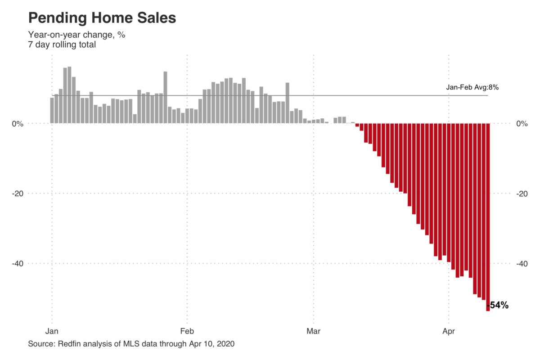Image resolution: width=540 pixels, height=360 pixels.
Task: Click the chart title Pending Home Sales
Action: (x=102, y=18)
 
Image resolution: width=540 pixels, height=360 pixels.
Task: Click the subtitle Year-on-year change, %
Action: (x=76, y=35)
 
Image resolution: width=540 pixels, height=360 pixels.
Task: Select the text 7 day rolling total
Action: (x=62, y=45)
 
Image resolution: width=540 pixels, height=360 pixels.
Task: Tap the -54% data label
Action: (x=499, y=306)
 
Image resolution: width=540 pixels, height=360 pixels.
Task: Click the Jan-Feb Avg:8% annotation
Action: (x=472, y=88)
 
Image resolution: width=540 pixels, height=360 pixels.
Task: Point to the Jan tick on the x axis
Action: (x=52, y=332)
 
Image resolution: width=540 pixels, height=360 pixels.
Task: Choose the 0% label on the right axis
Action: (x=522, y=124)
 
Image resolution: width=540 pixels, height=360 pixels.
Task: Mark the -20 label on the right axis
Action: (x=522, y=193)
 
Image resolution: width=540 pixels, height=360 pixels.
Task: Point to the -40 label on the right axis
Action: (x=522, y=263)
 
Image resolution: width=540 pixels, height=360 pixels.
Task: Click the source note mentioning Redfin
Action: (x=131, y=344)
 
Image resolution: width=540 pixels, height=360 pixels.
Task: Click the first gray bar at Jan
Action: (x=52, y=111)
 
